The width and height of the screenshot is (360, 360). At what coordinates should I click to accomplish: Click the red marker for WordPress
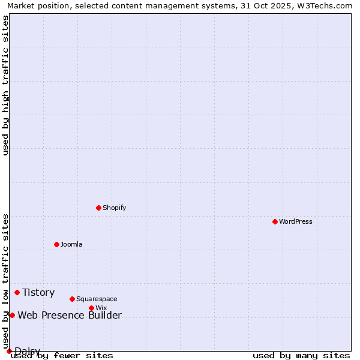pos(275,221)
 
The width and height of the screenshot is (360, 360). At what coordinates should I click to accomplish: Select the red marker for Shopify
pos(98,208)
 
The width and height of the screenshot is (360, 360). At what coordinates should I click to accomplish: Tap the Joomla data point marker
pos(56,244)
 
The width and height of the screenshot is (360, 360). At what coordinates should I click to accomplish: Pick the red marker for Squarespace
pos(72,299)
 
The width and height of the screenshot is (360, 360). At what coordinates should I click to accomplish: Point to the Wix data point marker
pos(91,308)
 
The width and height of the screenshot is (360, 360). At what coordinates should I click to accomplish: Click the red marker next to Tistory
pos(17,292)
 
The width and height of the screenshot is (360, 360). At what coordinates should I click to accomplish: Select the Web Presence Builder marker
pos(12,315)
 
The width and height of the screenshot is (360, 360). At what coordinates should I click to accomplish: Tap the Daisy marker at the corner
pos(9,351)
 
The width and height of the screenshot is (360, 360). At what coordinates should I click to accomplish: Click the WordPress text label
pos(296,221)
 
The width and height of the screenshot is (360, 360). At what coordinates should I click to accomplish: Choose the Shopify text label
pos(115,208)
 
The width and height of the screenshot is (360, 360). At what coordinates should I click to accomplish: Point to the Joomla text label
pos(71,244)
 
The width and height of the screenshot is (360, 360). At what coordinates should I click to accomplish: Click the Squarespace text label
pos(97,299)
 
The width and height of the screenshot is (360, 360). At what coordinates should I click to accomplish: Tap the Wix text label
pos(101,308)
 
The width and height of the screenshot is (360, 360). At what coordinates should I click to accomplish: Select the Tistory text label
pos(38,292)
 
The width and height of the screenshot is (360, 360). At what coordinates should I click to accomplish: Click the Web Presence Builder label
pos(70,315)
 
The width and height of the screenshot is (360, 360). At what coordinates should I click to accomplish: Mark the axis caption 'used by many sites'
pos(301,355)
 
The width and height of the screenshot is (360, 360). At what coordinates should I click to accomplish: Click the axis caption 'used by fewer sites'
pos(62,355)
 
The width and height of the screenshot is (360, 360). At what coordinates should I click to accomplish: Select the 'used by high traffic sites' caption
pos(5,85)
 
